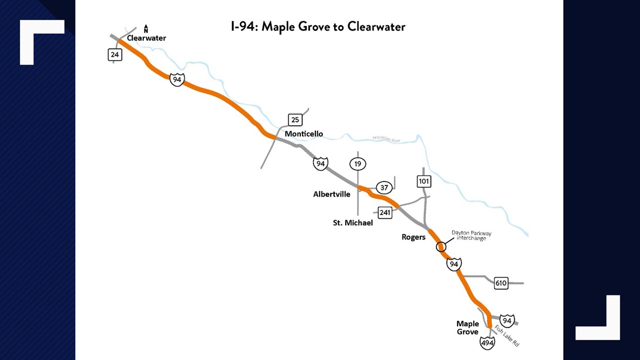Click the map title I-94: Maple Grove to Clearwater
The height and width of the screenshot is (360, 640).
pos(318,26)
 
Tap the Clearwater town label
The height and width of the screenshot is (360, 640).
pos(147,38)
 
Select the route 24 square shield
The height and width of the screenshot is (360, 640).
pos(115,54)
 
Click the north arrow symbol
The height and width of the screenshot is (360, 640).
pos(146,28)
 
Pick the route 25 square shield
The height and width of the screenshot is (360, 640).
pos(295,120)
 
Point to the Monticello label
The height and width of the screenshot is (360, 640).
pos(304,134)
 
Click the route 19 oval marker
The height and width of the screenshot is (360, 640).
pos(358,164)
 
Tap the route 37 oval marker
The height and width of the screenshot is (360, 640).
pos(384,188)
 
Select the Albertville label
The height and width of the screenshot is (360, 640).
pos(332,194)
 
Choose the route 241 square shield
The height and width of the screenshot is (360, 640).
pos(385,213)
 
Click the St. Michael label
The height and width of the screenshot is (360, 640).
pos(353,223)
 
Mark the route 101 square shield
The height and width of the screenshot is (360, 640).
pos(424,181)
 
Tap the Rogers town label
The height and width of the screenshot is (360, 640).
pos(413,237)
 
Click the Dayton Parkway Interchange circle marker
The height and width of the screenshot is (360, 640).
pos(441,247)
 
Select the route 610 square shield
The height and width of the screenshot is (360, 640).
pos(501,283)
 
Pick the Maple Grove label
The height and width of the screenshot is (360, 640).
pos(468,327)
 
